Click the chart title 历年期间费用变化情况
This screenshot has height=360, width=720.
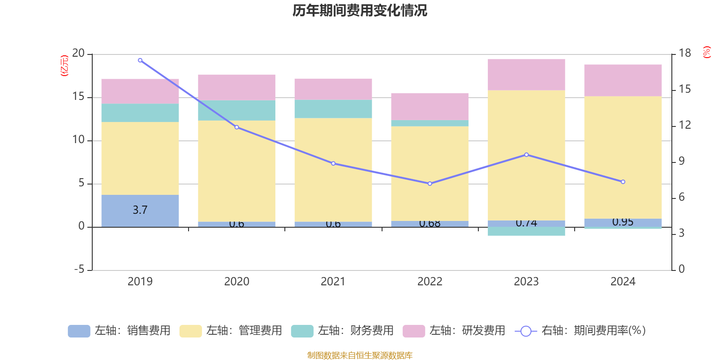(360, 10)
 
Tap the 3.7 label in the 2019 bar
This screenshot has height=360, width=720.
(140, 210)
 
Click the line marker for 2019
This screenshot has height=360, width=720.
(140, 60)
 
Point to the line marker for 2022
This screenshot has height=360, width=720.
(430, 184)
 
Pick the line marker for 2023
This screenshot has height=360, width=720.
(526, 155)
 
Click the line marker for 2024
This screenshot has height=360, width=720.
(623, 182)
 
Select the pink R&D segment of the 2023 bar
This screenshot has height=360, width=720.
(526, 75)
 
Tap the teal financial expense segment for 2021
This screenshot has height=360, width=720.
(333, 109)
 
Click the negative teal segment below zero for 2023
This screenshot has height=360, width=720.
(526, 231)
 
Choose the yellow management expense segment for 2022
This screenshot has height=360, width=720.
(430, 173)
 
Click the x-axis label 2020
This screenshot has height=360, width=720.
(237, 282)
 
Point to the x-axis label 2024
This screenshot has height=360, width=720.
(623, 282)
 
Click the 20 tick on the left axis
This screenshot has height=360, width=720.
(78, 54)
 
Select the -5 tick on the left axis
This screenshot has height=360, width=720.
(79, 270)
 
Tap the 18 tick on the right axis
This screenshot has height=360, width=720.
(685, 53)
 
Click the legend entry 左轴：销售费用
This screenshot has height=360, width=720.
(120, 331)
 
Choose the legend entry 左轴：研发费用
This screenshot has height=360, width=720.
(454, 331)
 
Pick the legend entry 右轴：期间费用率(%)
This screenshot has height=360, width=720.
(580, 331)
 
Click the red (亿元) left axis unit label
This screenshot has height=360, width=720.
(64, 66)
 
